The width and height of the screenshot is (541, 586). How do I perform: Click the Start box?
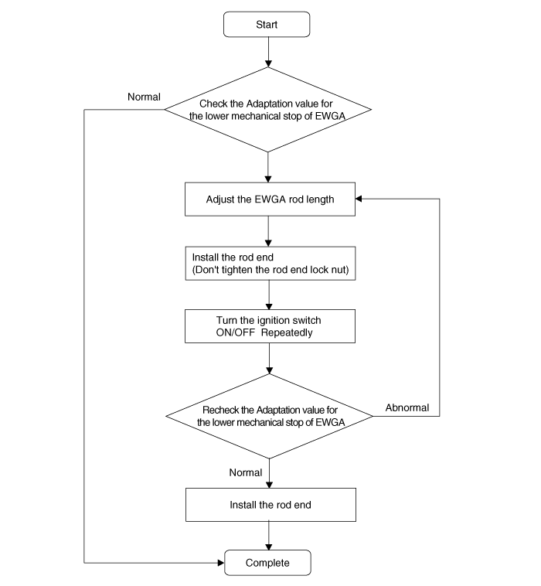pyautogui.click(x=267, y=24)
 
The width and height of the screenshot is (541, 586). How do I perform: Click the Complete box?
pyautogui.click(x=267, y=563)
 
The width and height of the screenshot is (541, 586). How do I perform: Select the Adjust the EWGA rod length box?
pyautogui.click(x=270, y=199)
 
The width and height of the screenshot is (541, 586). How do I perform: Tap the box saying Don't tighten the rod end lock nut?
pyautogui.click(x=270, y=263)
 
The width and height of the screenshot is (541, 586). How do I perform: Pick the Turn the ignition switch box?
pyautogui.click(x=270, y=326)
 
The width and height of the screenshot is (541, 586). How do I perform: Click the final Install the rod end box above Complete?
pyautogui.click(x=270, y=505)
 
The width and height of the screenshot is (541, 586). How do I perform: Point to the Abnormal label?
pyautogui.click(x=407, y=407)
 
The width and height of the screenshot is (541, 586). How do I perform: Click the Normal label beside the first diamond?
pyautogui.click(x=144, y=97)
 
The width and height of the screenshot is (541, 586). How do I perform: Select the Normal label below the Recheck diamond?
pyautogui.click(x=246, y=472)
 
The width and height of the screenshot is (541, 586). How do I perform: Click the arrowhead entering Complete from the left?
pyautogui.click(x=221, y=563)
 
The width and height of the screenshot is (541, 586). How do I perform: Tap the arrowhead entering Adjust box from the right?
pyautogui.click(x=359, y=199)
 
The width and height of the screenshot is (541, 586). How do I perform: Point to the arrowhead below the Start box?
pyautogui.click(x=268, y=64)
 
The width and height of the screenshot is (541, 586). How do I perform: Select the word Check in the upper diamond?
pyautogui.click(x=210, y=104)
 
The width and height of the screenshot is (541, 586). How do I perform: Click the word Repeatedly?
pyautogui.click(x=287, y=333)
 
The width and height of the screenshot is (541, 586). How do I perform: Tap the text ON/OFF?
pyautogui.click(x=236, y=332)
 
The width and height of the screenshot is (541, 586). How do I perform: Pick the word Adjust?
pyautogui.click(x=217, y=199)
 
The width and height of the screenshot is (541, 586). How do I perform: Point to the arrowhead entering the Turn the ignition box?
pyautogui.click(x=269, y=306)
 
